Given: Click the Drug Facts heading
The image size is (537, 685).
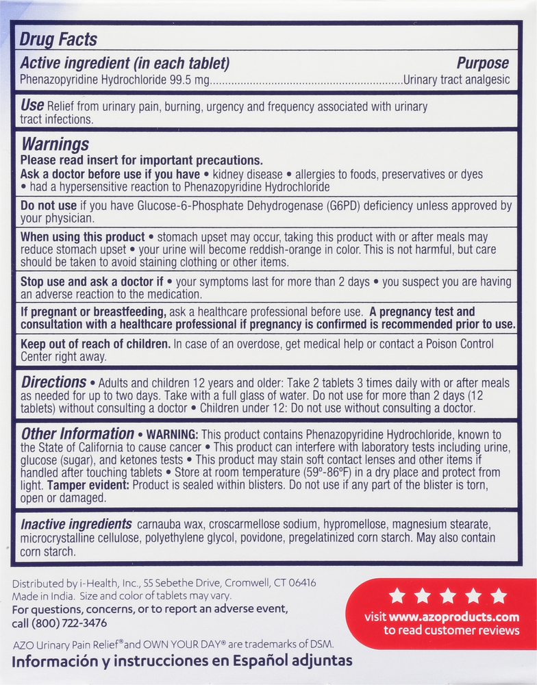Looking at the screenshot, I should point(58,40).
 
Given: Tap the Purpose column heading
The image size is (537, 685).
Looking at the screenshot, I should point(483,64).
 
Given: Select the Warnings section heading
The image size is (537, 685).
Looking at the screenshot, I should point(55,145).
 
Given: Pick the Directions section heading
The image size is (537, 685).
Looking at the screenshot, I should point(54,382).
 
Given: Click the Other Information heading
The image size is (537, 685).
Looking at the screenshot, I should point(77,434).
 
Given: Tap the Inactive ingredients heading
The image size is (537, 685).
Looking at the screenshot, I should point(76,525).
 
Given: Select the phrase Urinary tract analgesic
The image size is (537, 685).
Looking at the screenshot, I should point(457,80).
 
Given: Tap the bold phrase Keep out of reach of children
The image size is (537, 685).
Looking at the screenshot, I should point(95,344).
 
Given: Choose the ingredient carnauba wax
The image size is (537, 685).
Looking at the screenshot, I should point(169,525).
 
